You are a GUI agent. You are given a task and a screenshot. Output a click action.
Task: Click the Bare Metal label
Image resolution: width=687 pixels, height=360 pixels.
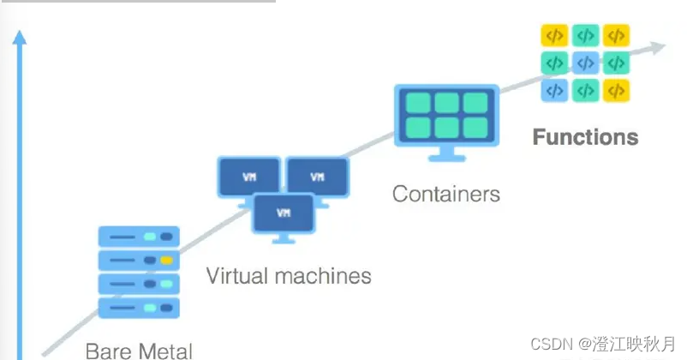[x=139, y=350]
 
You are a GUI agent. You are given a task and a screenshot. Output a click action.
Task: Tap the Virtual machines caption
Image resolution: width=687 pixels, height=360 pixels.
[x=289, y=276]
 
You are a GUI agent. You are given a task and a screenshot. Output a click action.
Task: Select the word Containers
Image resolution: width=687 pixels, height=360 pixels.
[x=445, y=194]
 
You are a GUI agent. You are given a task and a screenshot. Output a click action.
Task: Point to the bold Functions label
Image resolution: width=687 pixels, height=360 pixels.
[x=585, y=137]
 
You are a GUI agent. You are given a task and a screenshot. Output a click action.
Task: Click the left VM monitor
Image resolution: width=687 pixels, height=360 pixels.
[x=248, y=177]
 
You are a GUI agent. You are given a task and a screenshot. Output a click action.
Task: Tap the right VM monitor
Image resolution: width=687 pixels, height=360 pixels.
[x=317, y=177]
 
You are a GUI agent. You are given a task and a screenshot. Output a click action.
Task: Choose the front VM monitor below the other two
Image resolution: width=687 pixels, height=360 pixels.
[x=283, y=210]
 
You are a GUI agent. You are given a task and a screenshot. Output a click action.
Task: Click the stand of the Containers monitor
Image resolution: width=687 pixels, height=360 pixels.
[x=445, y=154]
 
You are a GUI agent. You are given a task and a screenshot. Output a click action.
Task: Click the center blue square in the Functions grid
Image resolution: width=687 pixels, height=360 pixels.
[x=585, y=63]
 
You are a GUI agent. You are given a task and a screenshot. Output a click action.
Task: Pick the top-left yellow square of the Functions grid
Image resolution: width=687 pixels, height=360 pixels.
[x=554, y=36]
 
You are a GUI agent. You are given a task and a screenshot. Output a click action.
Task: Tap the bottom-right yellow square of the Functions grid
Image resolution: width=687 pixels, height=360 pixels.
[x=616, y=89]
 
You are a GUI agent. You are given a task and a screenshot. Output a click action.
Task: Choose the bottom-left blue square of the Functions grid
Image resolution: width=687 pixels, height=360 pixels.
[x=554, y=89]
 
